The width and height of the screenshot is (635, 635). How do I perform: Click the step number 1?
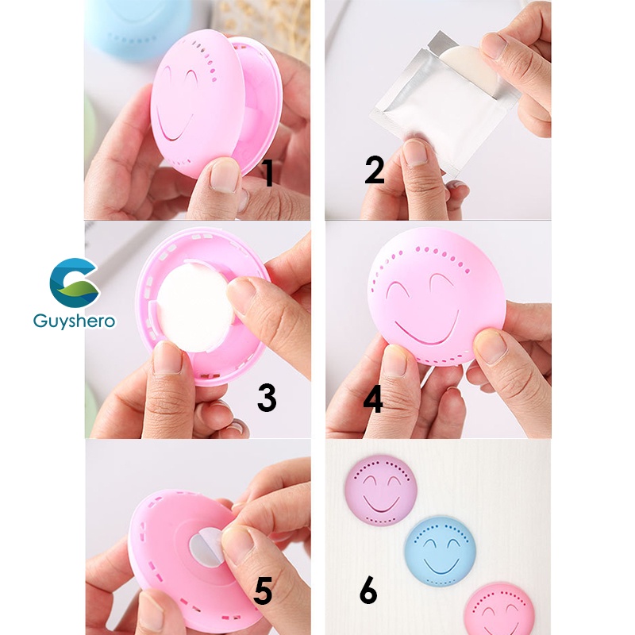pyautogui.click(x=267, y=173)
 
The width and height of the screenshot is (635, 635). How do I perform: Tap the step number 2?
pyautogui.click(x=374, y=170)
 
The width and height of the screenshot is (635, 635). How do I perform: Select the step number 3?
pyautogui.click(x=267, y=398)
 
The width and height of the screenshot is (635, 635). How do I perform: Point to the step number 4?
pyautogui.click(x=373, y=399)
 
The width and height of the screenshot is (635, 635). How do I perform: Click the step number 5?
pyautogui.click(x=264, y=591)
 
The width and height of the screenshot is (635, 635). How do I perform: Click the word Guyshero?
pyautogui.click(x=74, y=321)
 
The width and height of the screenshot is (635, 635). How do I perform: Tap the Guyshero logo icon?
pyautogui.click(x=74, y=283)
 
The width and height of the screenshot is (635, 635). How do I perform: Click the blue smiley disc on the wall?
pyautogui.click(x=441, y=551)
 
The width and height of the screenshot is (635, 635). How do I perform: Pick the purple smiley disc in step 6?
pyautogui.click(x=380, y=491)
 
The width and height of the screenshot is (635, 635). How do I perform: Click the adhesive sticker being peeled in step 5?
pyautogui.click(x=206, y=547)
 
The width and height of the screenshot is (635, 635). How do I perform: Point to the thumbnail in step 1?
pyautogui.click(x=224, y=176)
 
